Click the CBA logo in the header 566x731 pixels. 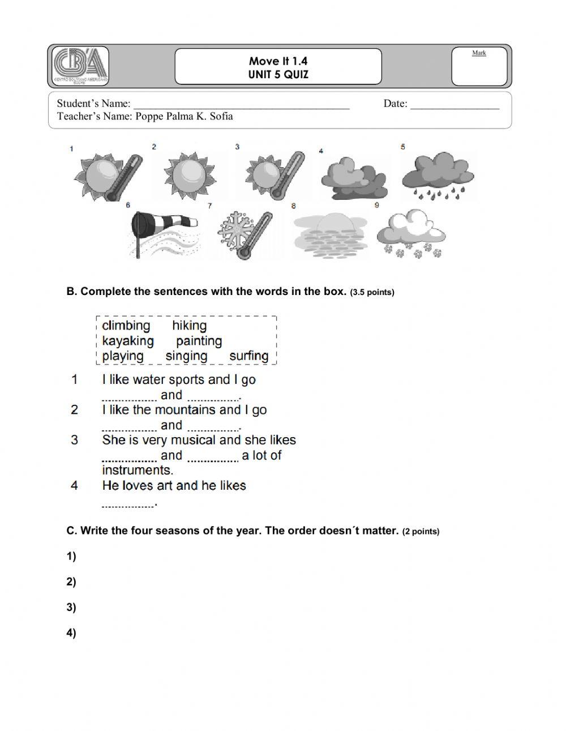[81, 66]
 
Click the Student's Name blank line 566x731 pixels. [242, 104]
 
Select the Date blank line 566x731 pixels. [454, 104]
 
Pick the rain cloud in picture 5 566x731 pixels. [438, 176]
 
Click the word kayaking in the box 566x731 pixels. [128, 341]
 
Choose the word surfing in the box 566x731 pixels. [248, 356]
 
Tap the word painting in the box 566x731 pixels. [199, 341]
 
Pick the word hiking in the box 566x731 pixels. [189, 326]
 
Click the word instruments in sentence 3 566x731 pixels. [137, 470]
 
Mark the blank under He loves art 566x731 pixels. [128, 503]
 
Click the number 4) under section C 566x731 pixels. [71, 633]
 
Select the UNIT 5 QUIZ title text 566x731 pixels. [278, 75]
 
